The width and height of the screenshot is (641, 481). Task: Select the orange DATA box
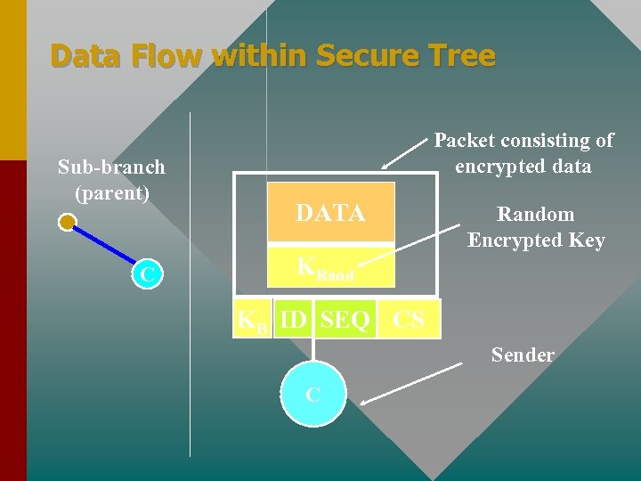pos(330,213)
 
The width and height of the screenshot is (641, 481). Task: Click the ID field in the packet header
pos(293,320)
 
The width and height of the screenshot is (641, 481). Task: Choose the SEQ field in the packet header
pos(345,320)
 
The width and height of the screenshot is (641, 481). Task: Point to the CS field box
pos(409,320)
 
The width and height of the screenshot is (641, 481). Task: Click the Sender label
pos(523,355)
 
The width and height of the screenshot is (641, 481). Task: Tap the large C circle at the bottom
pos(312,395)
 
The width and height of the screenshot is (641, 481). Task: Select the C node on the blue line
pos(147,275)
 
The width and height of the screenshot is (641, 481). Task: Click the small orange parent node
pos(67,223)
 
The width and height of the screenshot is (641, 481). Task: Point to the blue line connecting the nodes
pos(105,248)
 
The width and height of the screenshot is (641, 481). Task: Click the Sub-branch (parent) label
pos(111,179)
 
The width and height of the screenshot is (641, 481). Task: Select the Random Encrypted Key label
pos(536,227)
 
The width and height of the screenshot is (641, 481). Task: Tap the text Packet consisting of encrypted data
pos(523,153)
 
